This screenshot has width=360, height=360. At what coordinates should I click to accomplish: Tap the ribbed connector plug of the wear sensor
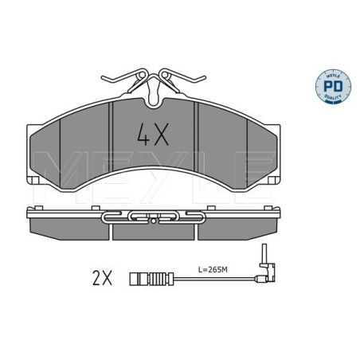144,279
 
